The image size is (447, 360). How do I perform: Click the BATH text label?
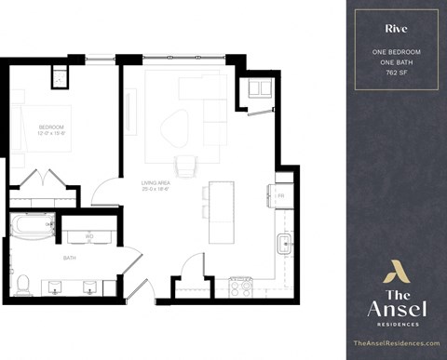[69, 258]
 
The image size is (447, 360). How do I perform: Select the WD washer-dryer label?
[89, 236]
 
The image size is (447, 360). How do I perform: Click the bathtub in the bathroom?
[32, 226]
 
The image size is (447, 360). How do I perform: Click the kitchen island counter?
[221, 211]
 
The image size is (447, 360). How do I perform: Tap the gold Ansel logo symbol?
[397, 272]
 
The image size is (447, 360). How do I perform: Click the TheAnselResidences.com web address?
[397, 343]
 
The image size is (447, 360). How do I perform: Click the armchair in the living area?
[258, 89]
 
